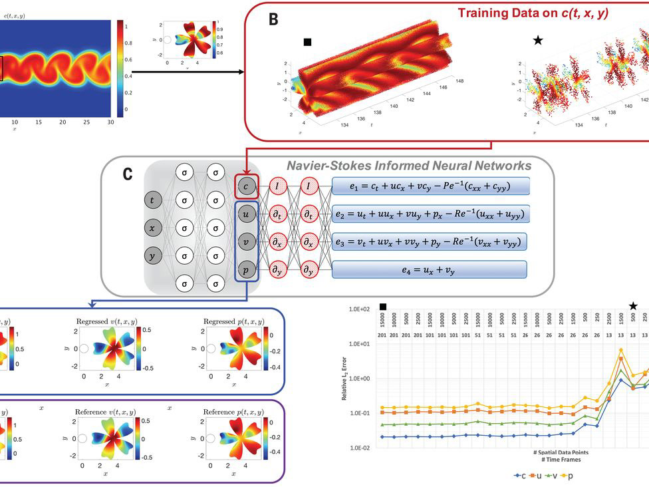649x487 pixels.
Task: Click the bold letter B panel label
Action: [x=273, y=19]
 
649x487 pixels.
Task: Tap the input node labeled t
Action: [x=154, y=199]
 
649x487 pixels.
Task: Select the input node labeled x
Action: [x=154, y=228]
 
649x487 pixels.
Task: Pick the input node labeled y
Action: [x=154, y=255]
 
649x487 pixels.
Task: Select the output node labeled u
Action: [x=246, y=214]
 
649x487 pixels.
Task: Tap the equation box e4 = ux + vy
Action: [x=429, y=269]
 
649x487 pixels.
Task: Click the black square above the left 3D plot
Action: [x=307, y=42]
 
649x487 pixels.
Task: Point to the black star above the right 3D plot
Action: [x=537, y=41]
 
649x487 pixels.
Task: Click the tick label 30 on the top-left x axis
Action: [x=110, y=122]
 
